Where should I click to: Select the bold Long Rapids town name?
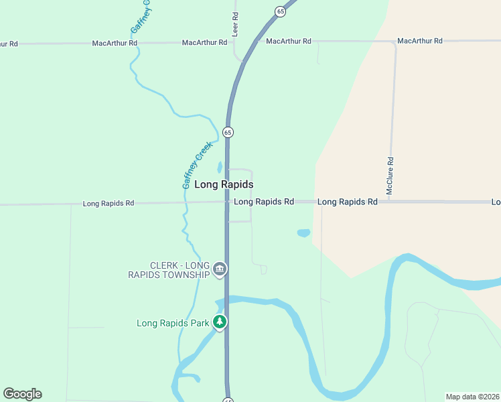pos(224,184)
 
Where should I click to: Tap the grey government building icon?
pos(220,270)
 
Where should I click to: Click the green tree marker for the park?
pos(220,322)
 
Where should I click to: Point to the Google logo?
pos(22,394)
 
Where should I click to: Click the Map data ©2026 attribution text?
pos(472,397)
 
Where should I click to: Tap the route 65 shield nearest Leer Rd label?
pos(280,11)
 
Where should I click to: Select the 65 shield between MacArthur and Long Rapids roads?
pos(228,132)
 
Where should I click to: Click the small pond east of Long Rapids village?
pos(303,233)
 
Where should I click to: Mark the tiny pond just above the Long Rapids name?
pos(219,167)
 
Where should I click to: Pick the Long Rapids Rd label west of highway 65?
pos(109,203)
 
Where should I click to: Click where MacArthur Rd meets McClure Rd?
pos(395,42)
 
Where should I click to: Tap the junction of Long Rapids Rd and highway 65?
pos(227,202)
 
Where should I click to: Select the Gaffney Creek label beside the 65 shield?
pos(198,165)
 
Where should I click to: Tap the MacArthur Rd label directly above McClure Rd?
pos(419,41)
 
